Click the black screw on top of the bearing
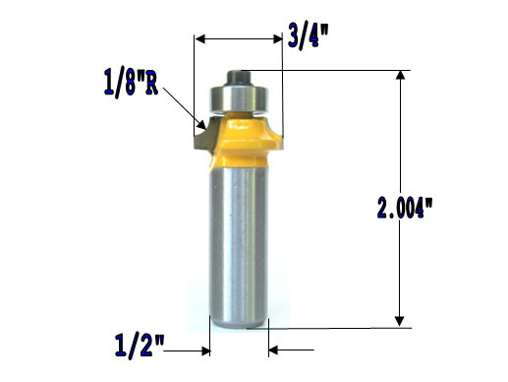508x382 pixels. pyautogui.click(x=240, y=73)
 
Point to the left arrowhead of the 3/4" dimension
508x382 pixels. pyautogui.click(x=200, y=39)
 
